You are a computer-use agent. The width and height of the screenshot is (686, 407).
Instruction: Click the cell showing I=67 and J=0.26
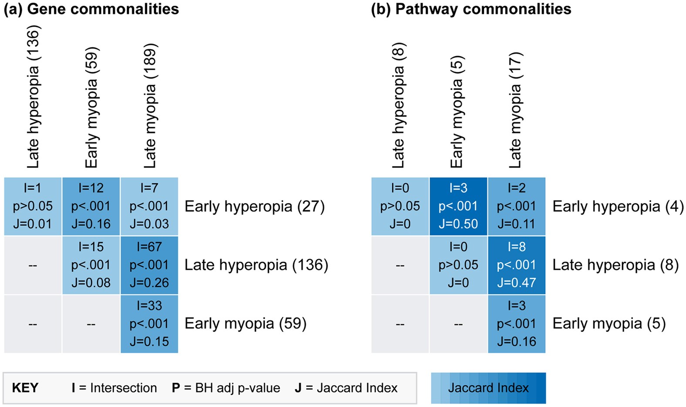[x=149, y=265]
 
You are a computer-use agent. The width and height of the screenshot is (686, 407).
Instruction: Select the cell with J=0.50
[x=458, y=206]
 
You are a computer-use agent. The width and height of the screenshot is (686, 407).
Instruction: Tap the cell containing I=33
[x=149, y=324]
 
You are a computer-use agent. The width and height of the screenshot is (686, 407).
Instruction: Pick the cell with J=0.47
[x=517, y=265]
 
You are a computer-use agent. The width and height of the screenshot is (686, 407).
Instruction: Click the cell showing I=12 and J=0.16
[x=91, y=206]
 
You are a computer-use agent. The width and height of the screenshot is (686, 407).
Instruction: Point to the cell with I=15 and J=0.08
[x=91, y=265]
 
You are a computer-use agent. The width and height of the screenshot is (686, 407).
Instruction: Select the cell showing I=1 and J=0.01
[x=33, y=206]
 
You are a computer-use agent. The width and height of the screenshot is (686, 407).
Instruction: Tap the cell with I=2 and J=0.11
[x=517, y=206]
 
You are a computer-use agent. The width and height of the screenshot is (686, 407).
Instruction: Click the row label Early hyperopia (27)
[x=254, y=206]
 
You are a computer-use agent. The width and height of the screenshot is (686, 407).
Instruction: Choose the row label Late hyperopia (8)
[x=615, y=265]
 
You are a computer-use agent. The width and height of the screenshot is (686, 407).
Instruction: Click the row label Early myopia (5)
[x=609, y=324]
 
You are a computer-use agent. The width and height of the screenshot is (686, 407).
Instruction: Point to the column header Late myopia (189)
[x=149, y=106]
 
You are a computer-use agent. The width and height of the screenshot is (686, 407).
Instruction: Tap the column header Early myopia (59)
[x=91, y=108]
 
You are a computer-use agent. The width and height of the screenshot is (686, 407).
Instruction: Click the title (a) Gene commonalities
[x=91, y=9]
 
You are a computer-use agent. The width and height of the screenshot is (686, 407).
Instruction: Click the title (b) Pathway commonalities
[x=471, y=9]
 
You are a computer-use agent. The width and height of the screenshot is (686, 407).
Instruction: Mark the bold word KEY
[x=25, y=388]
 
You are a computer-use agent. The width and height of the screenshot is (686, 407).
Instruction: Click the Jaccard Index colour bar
[x=488, y=388]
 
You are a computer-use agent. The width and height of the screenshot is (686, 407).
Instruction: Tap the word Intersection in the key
[x=123, y=388]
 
